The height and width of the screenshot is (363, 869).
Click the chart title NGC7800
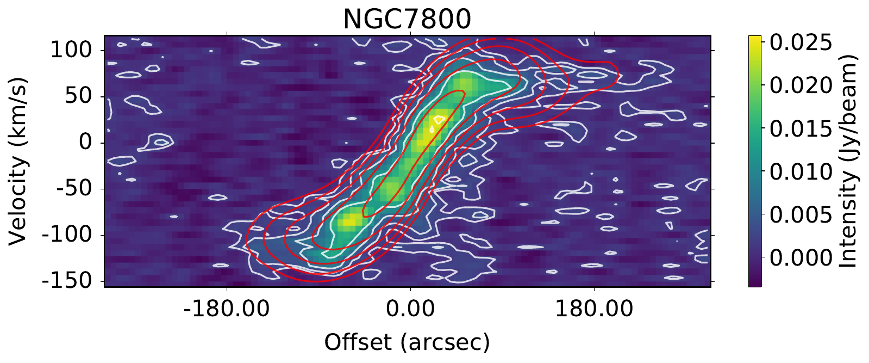407,20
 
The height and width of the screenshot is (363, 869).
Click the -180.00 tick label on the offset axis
227,309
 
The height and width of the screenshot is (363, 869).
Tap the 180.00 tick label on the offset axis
594,309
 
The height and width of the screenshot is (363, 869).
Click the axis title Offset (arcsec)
407,342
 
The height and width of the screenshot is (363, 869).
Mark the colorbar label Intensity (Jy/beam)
848,161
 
